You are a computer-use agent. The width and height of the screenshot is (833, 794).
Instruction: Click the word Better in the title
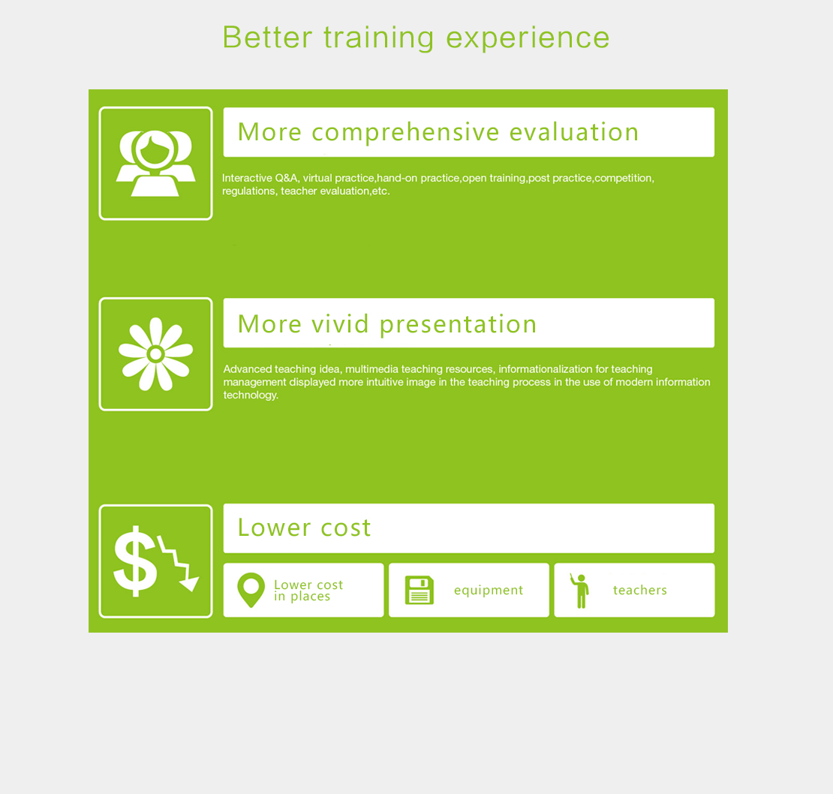(x=267, y=38)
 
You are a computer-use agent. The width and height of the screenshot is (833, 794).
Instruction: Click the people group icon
(x=155, y=163)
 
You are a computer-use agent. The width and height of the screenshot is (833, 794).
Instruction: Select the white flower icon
(x=155, y=353)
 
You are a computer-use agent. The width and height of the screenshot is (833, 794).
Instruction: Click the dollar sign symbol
(x=135, y=561)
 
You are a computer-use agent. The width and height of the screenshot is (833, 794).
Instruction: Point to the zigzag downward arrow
(x=179, y=563)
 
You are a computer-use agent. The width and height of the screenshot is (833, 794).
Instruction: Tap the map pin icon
(x=251, y=590)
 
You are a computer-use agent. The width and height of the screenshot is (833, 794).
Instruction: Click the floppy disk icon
(x=420, y=590)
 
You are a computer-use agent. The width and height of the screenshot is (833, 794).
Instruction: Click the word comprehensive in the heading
(x=405, y=133)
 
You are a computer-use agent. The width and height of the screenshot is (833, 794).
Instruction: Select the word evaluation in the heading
(x=574, y=132)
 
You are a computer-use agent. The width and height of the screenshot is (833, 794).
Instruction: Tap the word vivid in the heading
(x=340, y=323)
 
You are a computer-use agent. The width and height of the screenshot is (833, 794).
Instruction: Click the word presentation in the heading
(x=458, y=325)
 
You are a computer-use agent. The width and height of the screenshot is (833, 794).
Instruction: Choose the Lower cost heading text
(x=304, y=528)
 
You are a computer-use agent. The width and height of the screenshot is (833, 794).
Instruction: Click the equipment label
(x=489, y=591)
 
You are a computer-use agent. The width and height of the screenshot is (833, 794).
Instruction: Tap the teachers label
(x=639, y=590)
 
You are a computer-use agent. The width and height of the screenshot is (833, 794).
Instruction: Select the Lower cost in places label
(x=308, y=591)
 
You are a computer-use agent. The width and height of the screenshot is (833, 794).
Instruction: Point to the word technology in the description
(x=250, y=395)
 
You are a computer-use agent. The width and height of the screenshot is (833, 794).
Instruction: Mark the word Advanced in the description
(x=248, y=369)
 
